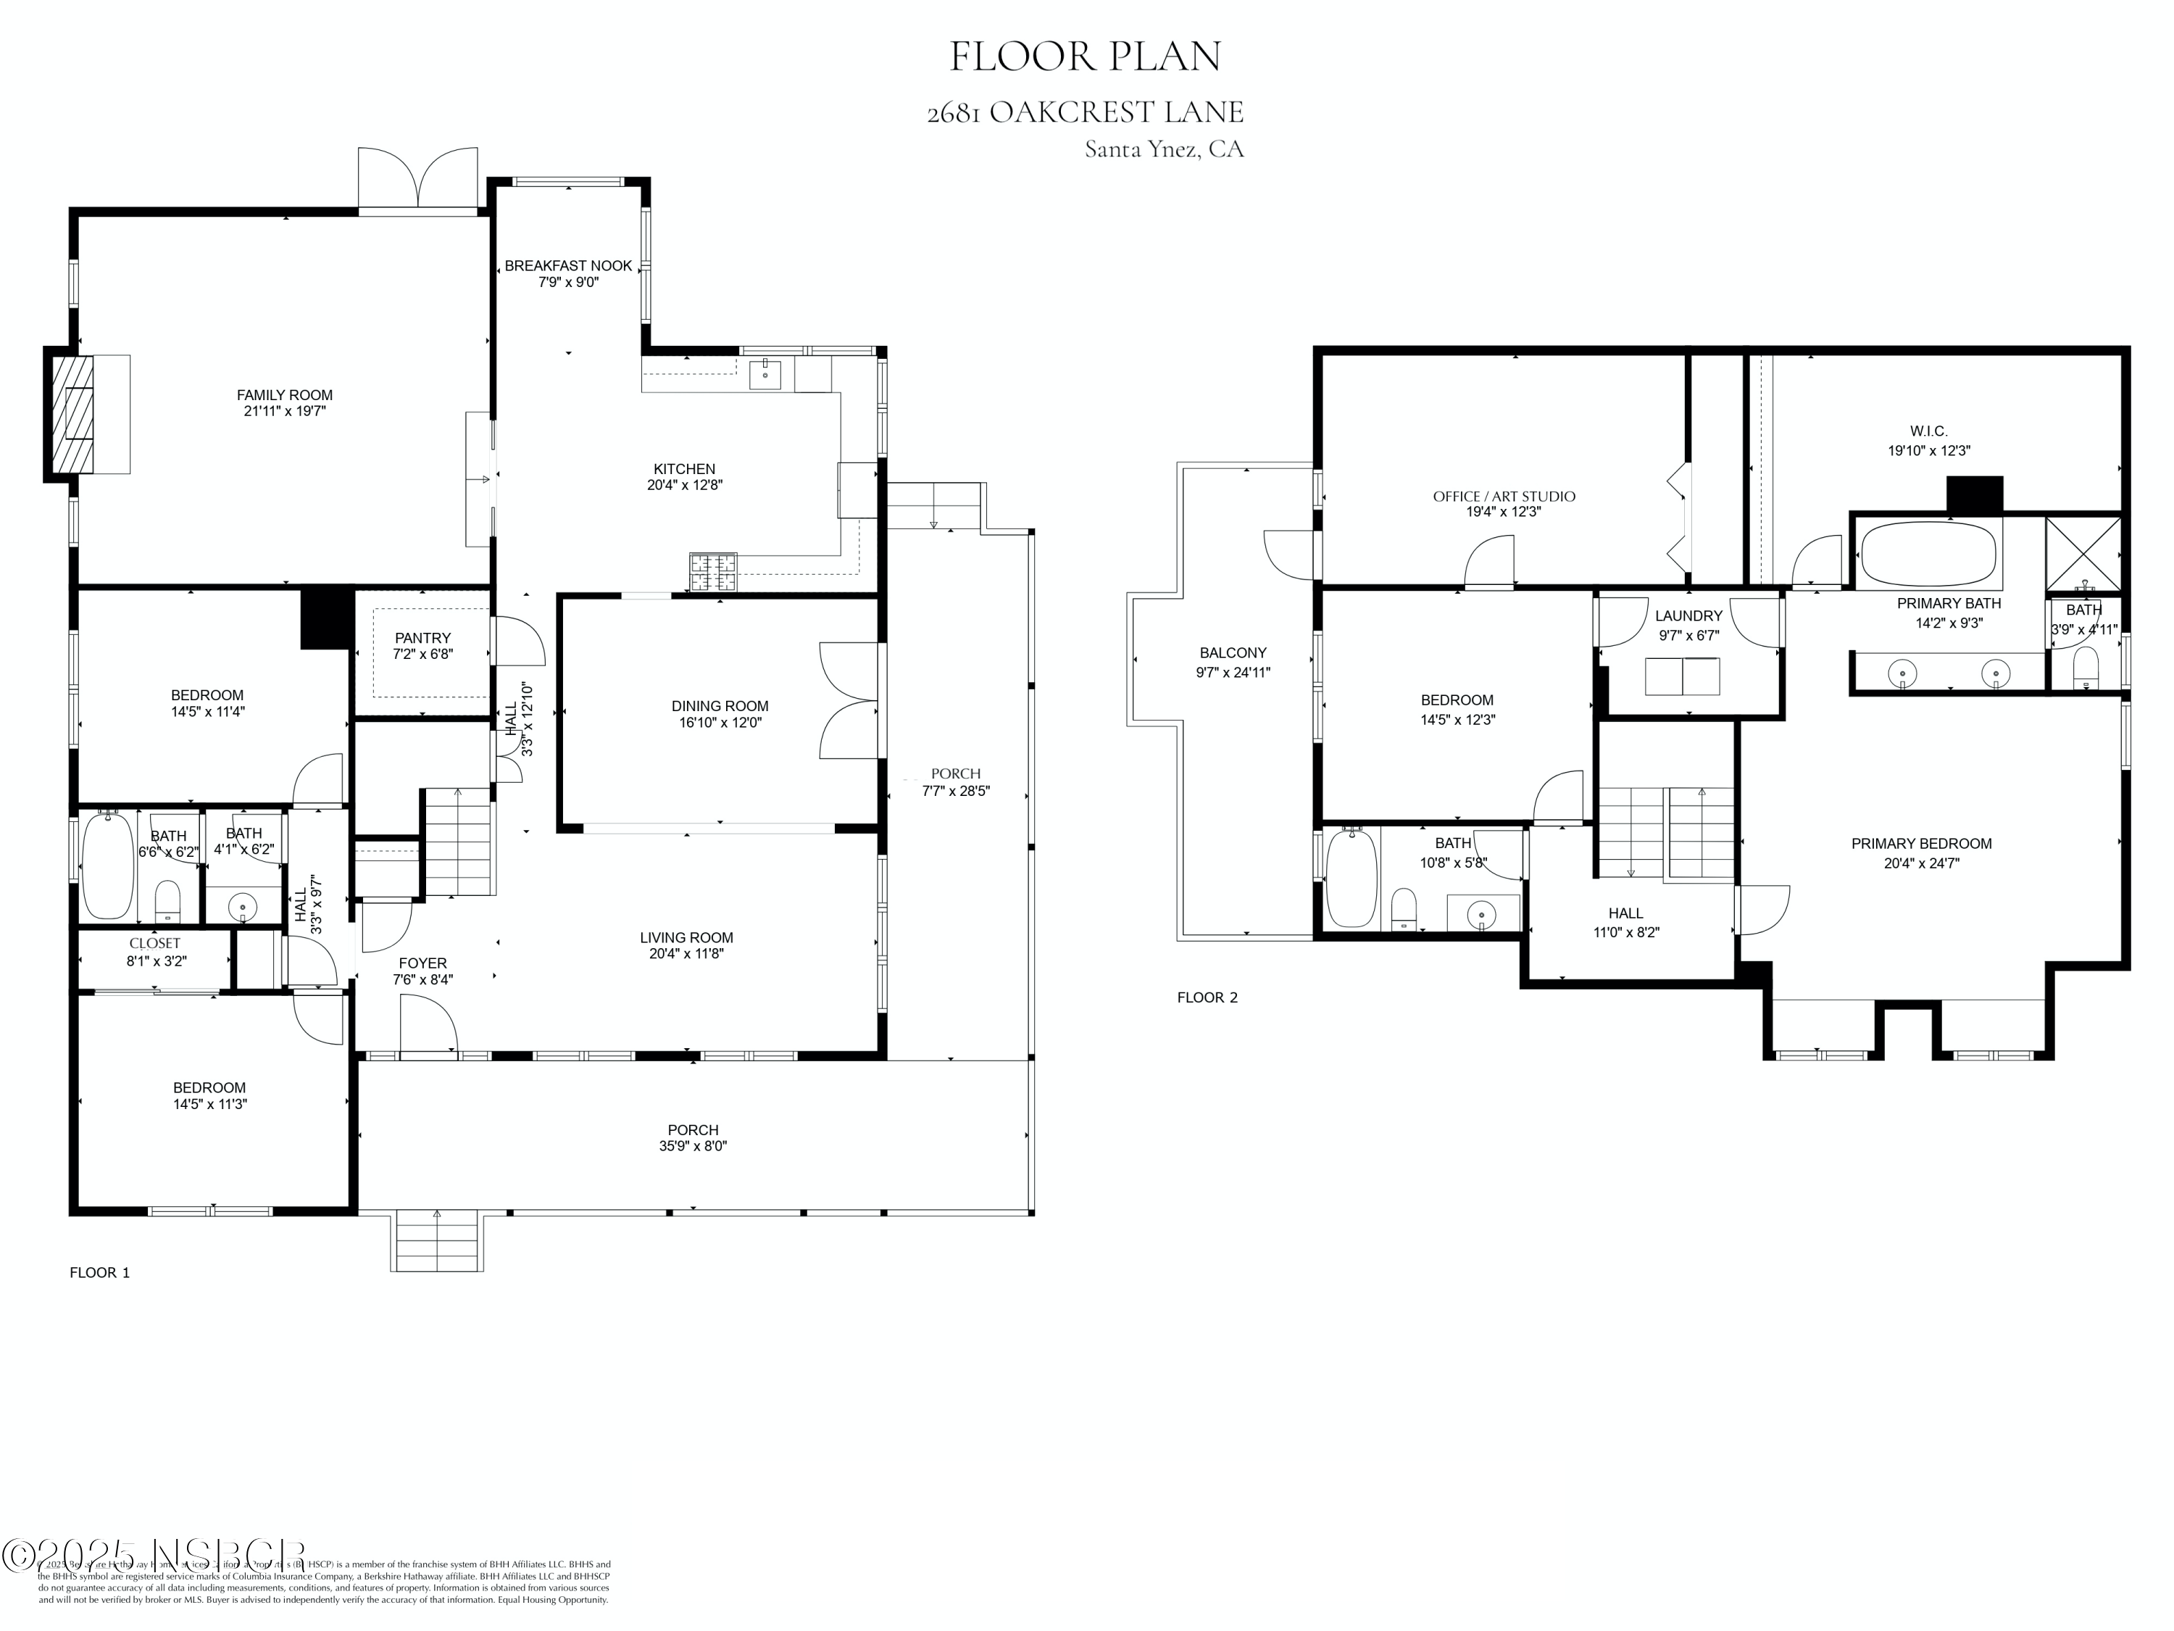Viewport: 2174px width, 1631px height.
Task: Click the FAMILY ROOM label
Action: point(284,395)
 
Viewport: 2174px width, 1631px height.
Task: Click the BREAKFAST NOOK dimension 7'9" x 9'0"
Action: point(568,282)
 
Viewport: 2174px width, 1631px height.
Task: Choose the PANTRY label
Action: point(422,638)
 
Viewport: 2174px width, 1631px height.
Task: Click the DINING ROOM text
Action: point(720,706)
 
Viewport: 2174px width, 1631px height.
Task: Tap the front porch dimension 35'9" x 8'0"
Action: point(693,1146)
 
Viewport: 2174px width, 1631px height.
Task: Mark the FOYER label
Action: point(422,963)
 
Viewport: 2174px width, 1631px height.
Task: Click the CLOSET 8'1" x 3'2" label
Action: point(155,953)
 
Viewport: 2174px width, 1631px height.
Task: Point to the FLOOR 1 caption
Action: point(99,1272)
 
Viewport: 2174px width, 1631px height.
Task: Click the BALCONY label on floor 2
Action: point(1233,653)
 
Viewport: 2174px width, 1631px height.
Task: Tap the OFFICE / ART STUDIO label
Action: point(1504,497)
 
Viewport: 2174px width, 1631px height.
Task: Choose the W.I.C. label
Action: point(1928,431)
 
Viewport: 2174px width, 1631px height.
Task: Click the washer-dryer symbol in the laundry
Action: point(1683,676)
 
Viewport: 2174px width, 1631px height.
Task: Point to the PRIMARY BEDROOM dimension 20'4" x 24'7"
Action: point(1921,863)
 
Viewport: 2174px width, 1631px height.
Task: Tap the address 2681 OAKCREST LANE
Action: point(1085,112)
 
